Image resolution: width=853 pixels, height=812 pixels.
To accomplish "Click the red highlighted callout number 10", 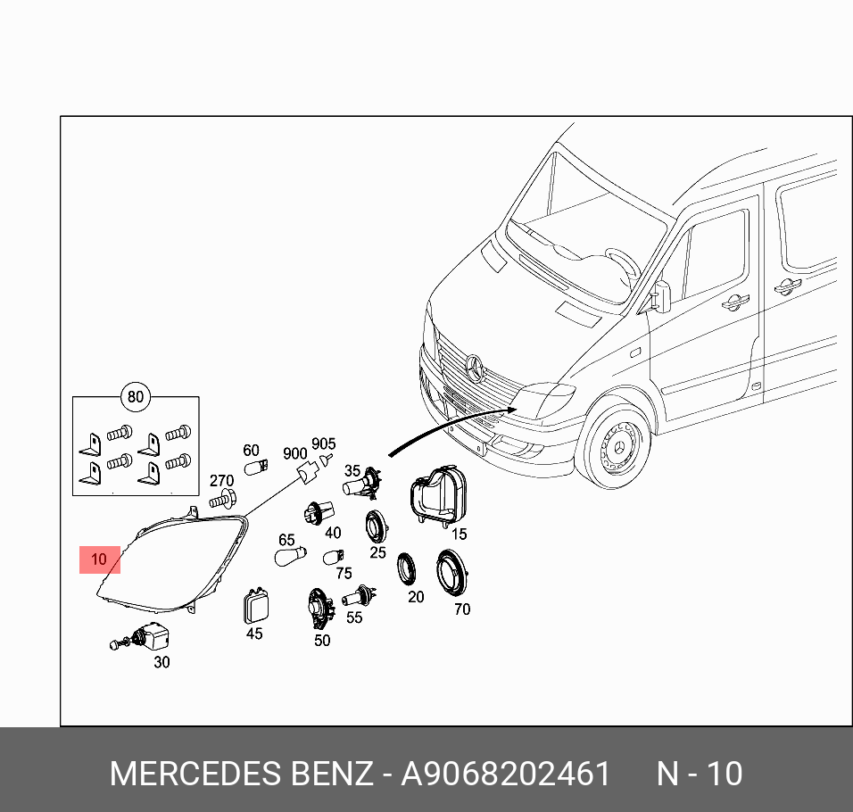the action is (x=99, y=559).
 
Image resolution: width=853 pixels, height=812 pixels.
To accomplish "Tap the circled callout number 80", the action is (x=136, y=397).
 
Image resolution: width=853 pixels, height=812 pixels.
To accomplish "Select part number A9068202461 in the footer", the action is (x=505, y=774).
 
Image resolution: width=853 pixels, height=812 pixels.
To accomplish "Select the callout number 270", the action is (x=221, y=481).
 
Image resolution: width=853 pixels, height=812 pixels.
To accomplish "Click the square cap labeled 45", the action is (x=255, y=608).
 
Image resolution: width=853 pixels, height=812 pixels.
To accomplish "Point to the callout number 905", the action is (x=323, y=443).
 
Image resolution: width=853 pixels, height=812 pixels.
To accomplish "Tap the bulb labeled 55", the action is (x=360, y=595).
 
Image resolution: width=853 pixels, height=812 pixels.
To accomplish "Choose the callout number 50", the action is (x=322, y=640).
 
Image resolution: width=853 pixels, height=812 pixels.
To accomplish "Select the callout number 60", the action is (x=251, y=451).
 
